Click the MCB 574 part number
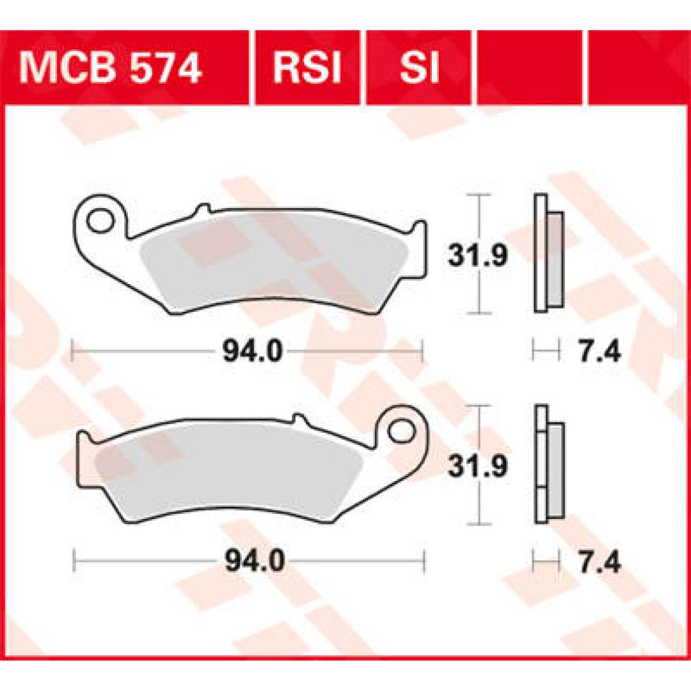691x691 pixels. coord(110,68)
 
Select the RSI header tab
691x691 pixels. coord(307,68)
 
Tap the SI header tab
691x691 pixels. coord(419,68)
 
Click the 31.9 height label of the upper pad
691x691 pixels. coord(478,255)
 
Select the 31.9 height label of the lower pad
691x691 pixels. coord(478,466)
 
